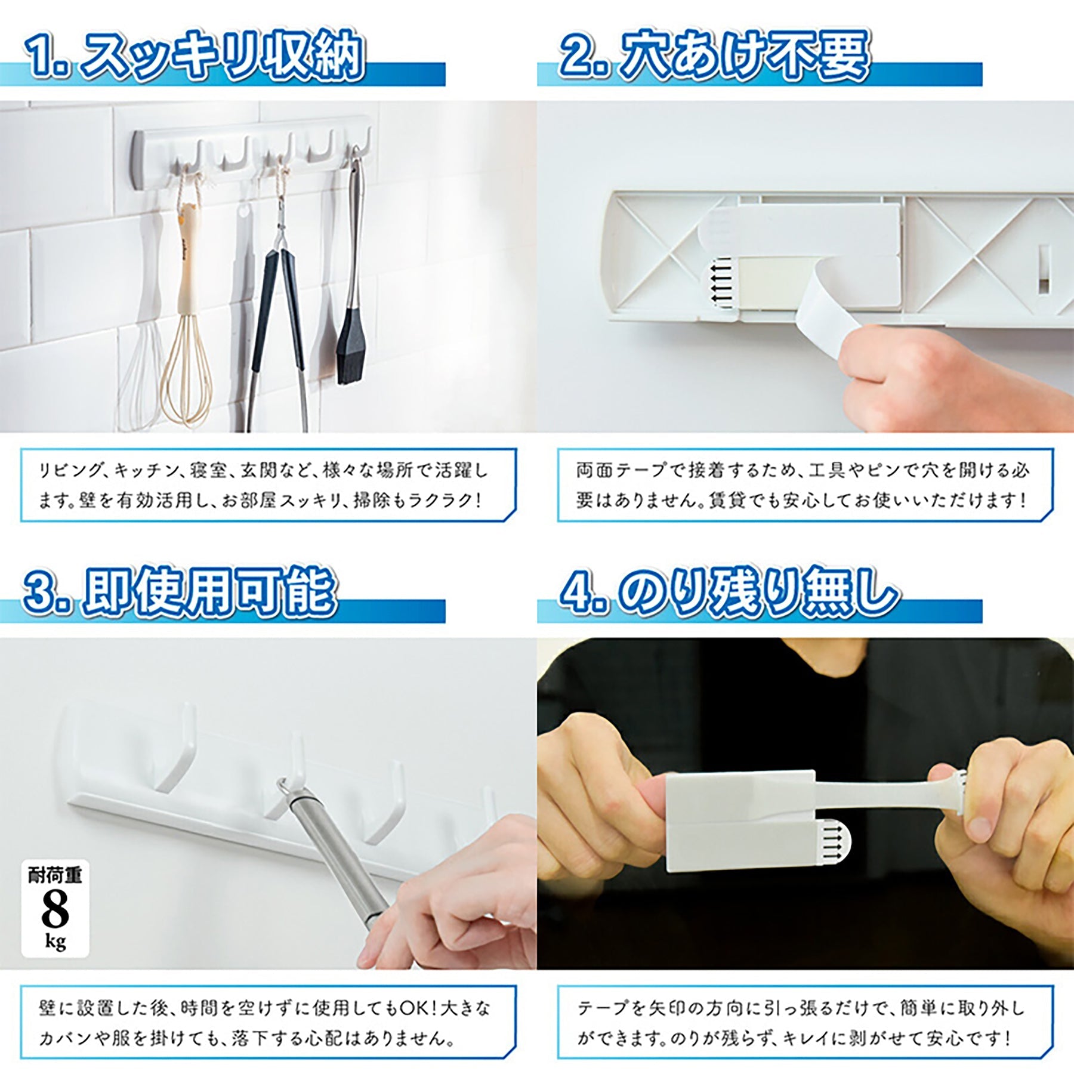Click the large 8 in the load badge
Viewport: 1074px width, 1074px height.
pos(55,909)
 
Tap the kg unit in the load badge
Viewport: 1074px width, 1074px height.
pos(55,943)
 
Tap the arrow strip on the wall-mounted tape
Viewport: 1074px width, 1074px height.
pos(721,284)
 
